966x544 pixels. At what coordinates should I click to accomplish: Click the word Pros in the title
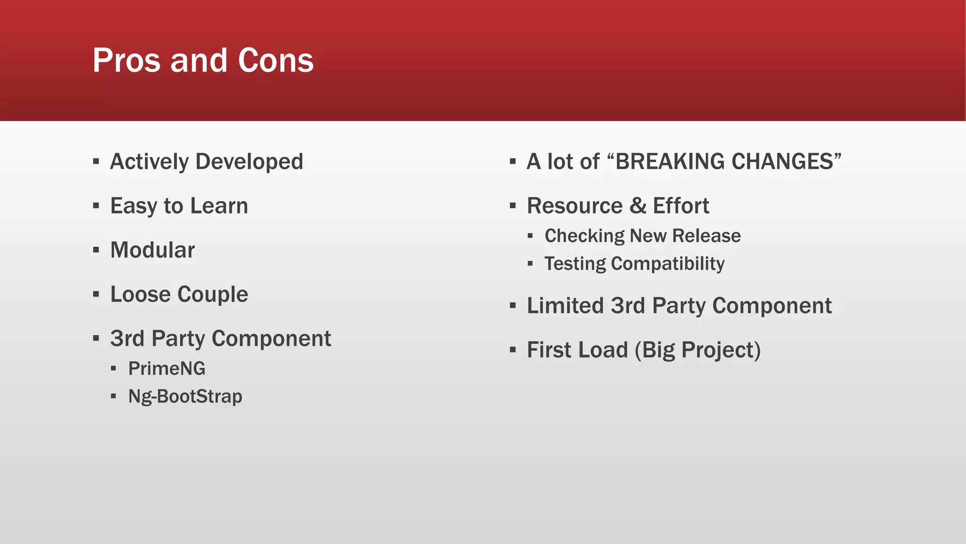(x=126, y=60)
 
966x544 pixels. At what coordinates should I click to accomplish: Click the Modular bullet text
(x=152, y=250)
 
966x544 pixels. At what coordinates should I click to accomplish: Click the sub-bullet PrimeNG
(x=167, y=368)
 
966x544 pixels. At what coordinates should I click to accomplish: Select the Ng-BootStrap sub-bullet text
(x=185, y=396)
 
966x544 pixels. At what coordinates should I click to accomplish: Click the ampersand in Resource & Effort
(x=638, y=206)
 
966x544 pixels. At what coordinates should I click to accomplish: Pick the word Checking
(x=584, y=236)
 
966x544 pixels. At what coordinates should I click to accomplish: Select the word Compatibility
(x=667, y=263)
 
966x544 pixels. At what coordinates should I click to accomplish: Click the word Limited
(x=565, y=306)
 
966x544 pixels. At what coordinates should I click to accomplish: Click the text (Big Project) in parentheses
(x=698, y=350)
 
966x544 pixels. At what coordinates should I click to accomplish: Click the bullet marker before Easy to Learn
(x=96, y=206)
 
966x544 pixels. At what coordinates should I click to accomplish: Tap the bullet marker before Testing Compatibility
(x=530, y=263)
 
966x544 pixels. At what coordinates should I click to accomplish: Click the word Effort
(x=681, y=206)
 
